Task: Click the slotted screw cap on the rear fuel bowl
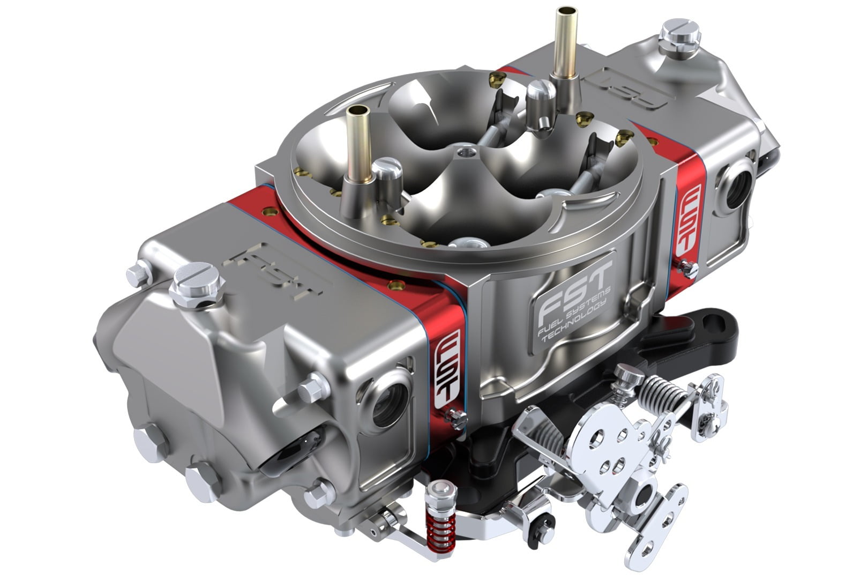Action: [680, 32]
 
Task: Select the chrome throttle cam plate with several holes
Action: [600, 445]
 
